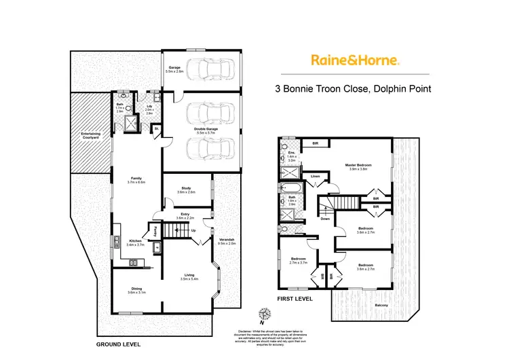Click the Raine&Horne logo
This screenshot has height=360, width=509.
pos(356,60)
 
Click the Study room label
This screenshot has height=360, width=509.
pos(186,190)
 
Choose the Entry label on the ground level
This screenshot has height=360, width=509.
pos(185,215)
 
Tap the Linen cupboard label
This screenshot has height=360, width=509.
pos(315,177)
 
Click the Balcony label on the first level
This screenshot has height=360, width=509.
pos(381,305)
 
